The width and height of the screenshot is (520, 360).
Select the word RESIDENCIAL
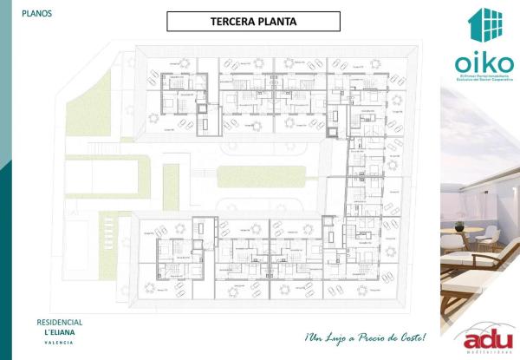pos(53,322)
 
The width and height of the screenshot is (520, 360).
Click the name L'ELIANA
pos(55,332)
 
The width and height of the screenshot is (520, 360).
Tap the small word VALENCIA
pos(54,343)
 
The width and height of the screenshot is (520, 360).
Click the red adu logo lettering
pos(485,341)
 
